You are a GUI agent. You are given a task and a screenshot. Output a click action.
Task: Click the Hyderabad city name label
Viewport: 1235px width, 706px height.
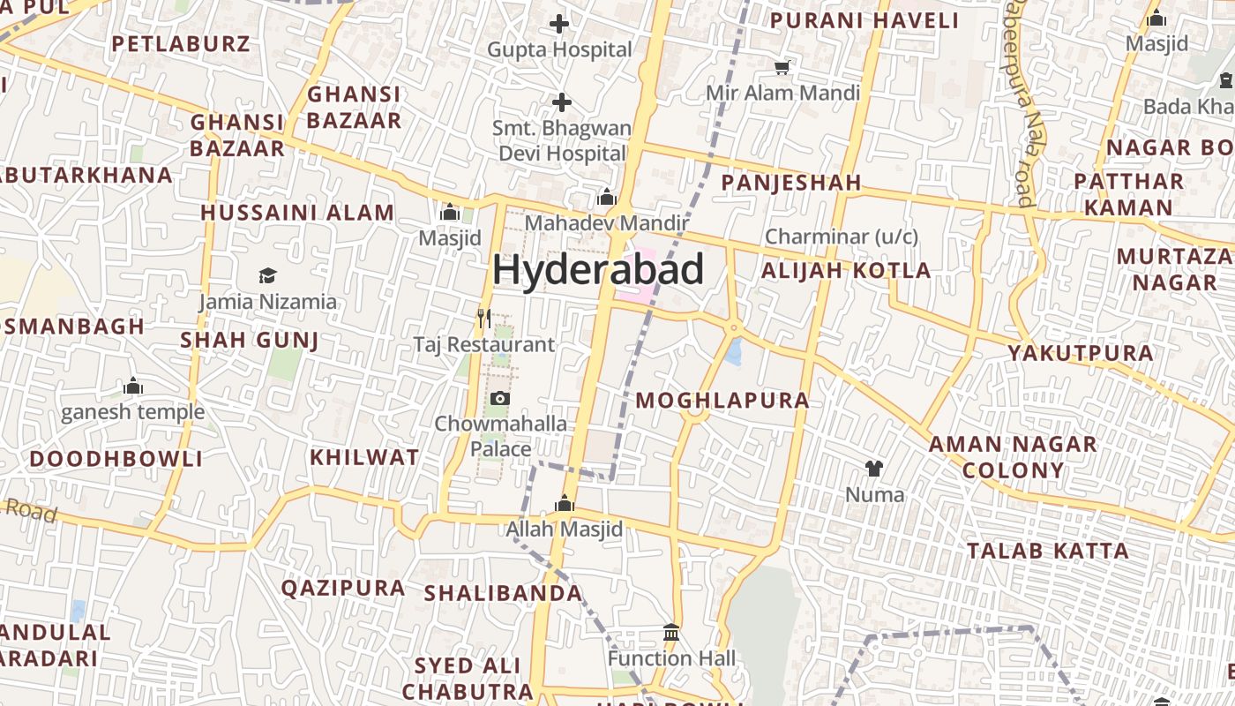click(598, 269)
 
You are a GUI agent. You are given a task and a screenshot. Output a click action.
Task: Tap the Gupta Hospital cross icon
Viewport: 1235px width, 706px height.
click(559, 24)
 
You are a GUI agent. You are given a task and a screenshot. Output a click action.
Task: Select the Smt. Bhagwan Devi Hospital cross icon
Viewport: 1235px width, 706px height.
click(561, 103)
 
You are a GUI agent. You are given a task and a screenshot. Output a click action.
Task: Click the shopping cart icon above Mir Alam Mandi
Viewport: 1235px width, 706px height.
click(782, 67)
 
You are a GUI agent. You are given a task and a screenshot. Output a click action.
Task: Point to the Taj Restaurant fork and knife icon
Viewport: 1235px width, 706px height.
click(483, 318)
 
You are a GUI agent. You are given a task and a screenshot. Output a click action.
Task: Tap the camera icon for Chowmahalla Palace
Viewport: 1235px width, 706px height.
click(499, 399)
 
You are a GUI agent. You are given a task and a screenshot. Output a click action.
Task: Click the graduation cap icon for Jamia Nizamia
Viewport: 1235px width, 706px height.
click(267, 276)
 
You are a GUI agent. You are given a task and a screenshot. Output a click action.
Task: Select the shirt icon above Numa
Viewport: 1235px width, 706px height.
click(874, 469)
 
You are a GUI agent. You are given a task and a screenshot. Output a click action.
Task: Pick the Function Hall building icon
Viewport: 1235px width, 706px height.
click(671, 633)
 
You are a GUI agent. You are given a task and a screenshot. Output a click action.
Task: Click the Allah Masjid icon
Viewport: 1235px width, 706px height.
click(564, 504)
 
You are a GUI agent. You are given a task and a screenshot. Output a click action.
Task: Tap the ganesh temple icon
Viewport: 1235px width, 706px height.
click(133, 387)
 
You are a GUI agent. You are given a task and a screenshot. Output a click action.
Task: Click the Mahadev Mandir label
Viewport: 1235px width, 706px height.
click(605, 223)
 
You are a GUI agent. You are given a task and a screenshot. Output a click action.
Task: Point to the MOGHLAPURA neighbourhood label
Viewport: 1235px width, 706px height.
click(722, 401)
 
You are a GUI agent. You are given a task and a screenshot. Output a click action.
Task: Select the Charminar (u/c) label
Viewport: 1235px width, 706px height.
click(841, 237)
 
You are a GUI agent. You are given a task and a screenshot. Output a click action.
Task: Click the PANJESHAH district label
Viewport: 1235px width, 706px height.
click(790, 183)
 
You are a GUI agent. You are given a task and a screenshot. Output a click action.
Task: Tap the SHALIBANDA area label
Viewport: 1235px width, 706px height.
click(503, 594)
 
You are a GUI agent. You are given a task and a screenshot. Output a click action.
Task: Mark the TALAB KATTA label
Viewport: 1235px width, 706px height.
click(1047, 552)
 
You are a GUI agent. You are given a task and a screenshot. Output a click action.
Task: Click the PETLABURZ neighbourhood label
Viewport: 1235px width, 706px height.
click(180, 44)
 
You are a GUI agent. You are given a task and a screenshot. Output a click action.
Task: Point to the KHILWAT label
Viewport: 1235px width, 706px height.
click(364, 457)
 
